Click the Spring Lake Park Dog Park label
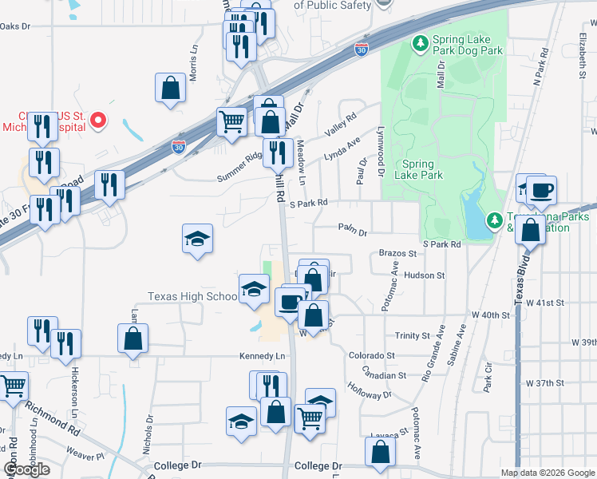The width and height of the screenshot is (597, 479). click(x=468, y=45)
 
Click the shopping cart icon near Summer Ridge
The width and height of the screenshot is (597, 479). click(x=231, y=122)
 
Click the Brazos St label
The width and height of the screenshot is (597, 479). click(x=397, y=253)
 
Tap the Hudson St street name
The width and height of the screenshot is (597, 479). click(x=424, y=275)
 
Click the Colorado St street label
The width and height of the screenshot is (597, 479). click(x=371, y=355)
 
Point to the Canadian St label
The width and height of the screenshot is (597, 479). click(x=378, y=371)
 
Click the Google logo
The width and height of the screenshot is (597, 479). click(x=26, y=469)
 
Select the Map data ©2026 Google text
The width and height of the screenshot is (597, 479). click(x=548, y=473)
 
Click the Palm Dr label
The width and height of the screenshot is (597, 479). click(x=351, y=233)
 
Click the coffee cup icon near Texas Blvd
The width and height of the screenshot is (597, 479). click(x=541, y=190)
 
